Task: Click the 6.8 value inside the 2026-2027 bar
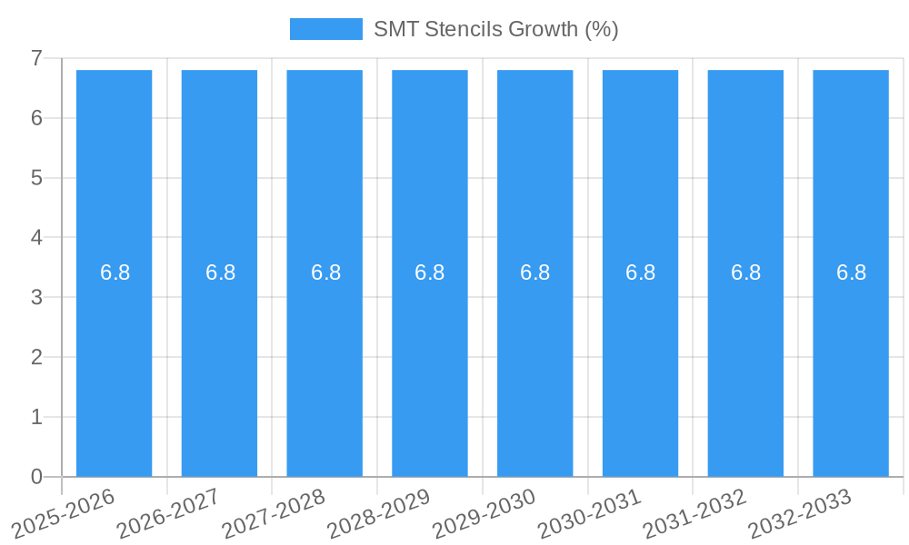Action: click(x=220, y=272)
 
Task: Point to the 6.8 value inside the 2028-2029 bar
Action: click(x=429, y=272)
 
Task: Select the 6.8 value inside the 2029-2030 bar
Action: click(x=534, y=272)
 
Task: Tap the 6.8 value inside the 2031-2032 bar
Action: click(x=745, y=272)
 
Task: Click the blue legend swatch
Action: click(x=325, y=29)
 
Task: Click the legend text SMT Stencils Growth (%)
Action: click(x=495, y=29)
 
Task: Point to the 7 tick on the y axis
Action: click(x=36, y=58)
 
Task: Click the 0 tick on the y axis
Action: click(x=36, y=477)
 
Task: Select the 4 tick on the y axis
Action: click(x=36, y=238)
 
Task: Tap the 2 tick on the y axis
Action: click(x=36, y=357)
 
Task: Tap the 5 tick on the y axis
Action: click(x=36, y=178)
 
